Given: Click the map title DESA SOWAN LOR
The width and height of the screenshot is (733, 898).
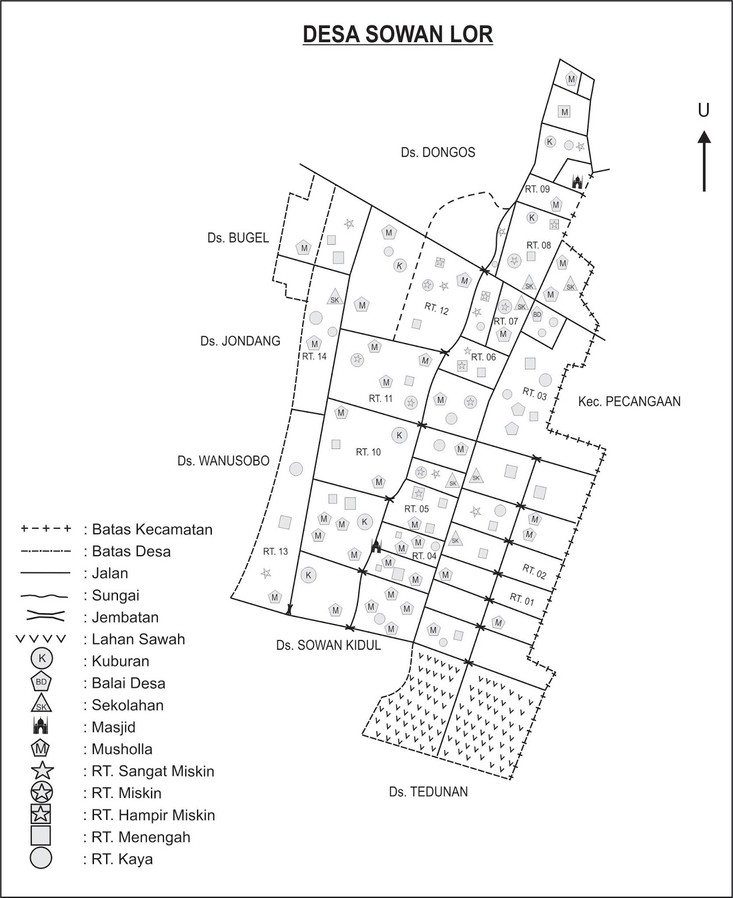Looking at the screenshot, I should [x=398, y=34].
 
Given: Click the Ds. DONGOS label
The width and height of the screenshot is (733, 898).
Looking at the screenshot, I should [x=438, y=152].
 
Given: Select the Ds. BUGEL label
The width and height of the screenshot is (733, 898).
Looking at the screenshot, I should [x=238, y=237].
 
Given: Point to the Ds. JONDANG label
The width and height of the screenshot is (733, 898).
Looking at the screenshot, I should [x=240, y=341].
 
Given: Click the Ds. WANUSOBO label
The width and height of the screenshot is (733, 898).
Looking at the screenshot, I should [x=224, y=461].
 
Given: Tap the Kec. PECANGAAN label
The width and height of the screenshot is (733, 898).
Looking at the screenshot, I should [x=629, y=401].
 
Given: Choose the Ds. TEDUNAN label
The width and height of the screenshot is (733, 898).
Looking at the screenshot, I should [x=428, y=792].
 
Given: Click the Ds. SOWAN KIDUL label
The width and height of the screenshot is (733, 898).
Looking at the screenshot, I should [x=328, y=645].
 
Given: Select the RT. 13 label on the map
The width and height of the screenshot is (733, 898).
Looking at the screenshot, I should [x=275, y=551].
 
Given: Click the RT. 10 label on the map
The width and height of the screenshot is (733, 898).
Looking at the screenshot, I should [x=368, y=452].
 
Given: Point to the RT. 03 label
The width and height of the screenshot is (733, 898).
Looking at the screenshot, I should [x=534, y=393].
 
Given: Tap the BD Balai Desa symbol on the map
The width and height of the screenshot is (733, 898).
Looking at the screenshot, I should [x=537, y=315].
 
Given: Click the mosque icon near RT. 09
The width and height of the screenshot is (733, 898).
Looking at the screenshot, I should [x=577, y=181].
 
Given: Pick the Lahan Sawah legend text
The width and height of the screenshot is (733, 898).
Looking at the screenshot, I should [x=138, y=639].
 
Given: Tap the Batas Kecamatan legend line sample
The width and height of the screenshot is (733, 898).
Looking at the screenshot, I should [x=45, y=529].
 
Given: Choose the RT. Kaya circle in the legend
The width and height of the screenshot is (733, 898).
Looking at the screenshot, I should [x=41, y=858].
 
